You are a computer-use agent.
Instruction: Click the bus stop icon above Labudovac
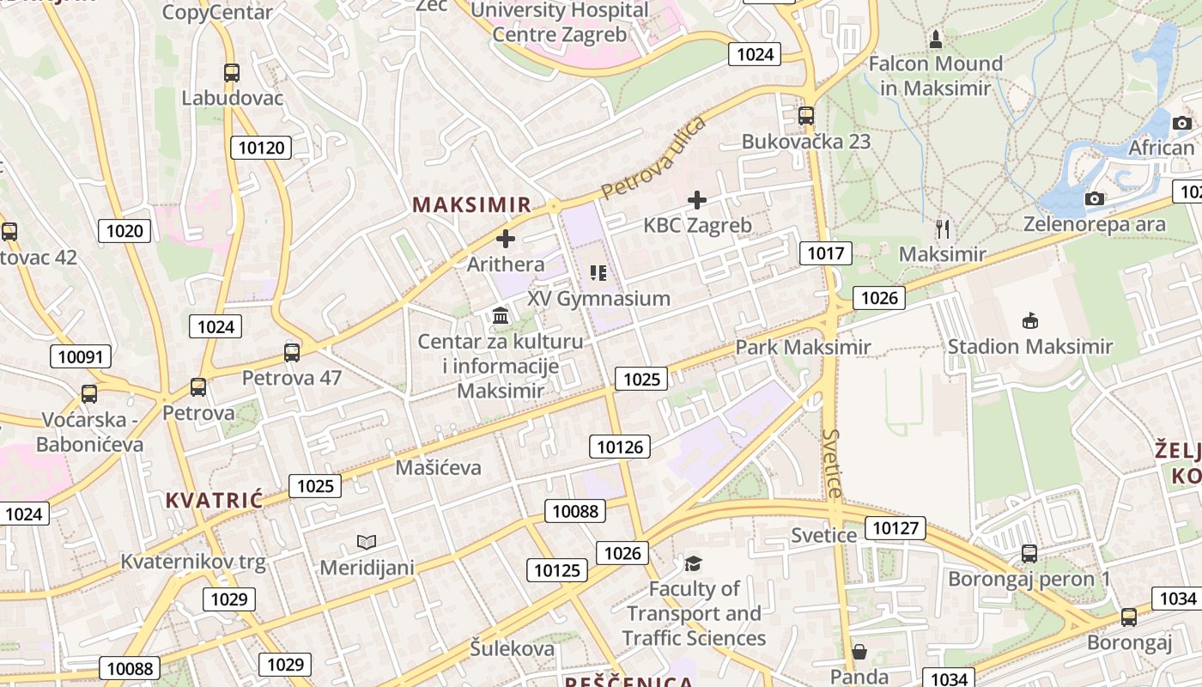point(231,73)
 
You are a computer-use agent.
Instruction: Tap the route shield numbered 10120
point(261,148)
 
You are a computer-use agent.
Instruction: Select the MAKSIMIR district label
point(472,204)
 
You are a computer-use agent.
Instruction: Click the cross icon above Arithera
point(506,238)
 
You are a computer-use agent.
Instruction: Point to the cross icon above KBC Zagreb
point(697,200)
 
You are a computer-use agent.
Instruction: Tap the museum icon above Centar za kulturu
point(501,316)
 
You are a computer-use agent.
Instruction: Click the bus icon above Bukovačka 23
point(805,115)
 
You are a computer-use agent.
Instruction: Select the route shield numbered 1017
point(825,252)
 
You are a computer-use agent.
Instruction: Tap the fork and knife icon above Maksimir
point(943,228)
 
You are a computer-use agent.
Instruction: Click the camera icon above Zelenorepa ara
point(1094,199)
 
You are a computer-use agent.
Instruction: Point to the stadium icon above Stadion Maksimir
point(1030,321)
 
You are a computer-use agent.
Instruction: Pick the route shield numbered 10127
point(895,527)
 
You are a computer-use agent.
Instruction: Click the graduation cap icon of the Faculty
point(693,563)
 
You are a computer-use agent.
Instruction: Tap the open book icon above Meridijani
point(367,542)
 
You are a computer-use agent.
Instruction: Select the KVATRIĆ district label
point(214,500)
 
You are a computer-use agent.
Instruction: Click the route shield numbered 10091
point(81,356)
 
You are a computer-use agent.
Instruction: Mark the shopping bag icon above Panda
point(859,651)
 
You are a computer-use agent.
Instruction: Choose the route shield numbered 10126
point(619,446)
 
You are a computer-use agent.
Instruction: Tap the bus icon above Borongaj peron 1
point(1029,554)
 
